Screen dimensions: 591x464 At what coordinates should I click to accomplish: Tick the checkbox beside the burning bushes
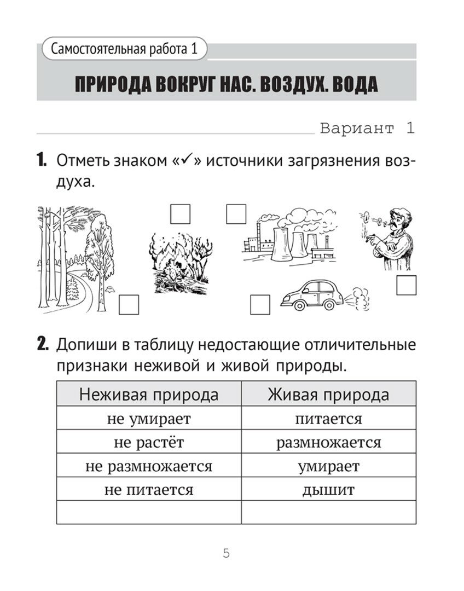point(179,214)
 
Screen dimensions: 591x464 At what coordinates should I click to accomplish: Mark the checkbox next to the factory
point(236,214)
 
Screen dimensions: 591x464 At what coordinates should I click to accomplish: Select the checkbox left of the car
point(260,305)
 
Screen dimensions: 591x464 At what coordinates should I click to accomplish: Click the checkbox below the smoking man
point(406,286)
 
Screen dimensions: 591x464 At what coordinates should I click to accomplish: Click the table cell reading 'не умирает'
point(149,419)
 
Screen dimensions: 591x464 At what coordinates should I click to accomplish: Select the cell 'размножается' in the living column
point(328,442)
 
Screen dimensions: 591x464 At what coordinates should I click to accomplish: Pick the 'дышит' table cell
point(328,489)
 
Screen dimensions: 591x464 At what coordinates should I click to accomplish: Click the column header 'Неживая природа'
point(149,395)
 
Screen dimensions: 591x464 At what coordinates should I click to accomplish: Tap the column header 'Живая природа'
point(328,395)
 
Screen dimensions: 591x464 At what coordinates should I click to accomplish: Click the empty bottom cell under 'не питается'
point(149,512)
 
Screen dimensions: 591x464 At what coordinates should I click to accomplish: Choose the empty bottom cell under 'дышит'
point(328,512)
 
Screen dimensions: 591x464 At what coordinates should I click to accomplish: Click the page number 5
point(227,553)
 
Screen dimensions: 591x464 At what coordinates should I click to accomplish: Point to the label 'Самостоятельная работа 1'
point(124,49)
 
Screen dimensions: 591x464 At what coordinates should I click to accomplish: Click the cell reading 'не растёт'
point(149,442)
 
